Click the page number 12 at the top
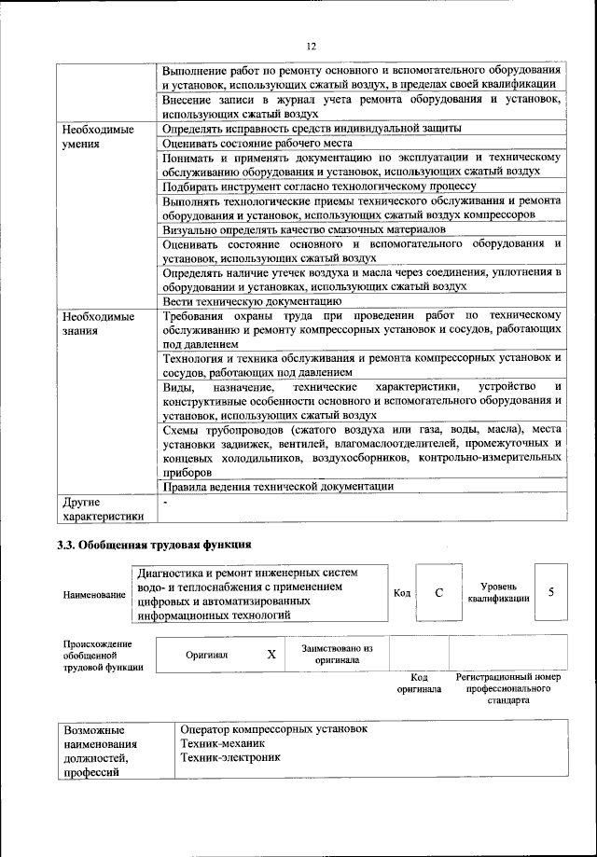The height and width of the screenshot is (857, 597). pos(312,46)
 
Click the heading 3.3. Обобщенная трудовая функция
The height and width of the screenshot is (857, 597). pos(154,544)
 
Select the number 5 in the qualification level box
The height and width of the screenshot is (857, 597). pos(552,592)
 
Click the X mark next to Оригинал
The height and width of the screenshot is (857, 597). pos(271,655)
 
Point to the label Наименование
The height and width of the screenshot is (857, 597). pos(93,594)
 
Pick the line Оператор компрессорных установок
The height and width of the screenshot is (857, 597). pos(274,728)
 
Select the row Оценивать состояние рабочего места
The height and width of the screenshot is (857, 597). pos(257,144)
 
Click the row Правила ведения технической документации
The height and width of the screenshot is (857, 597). pos(277,486)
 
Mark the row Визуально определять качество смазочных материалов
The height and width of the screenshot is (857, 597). pos(303,228)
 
